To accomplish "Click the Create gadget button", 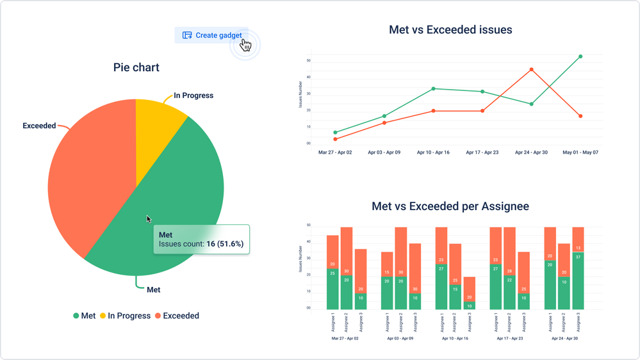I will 211,35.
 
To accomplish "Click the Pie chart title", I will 136,67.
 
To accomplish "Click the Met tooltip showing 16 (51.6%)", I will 201,240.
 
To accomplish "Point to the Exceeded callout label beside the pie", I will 39,126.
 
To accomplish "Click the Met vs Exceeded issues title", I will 450,29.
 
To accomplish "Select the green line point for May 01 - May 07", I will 580,56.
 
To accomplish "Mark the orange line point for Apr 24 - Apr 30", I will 531,69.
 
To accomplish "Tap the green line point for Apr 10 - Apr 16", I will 433,88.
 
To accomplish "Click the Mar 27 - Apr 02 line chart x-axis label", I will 335,153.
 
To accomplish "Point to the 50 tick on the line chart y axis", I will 309,61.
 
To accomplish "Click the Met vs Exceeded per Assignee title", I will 450,207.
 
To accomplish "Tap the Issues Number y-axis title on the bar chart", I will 300,259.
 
